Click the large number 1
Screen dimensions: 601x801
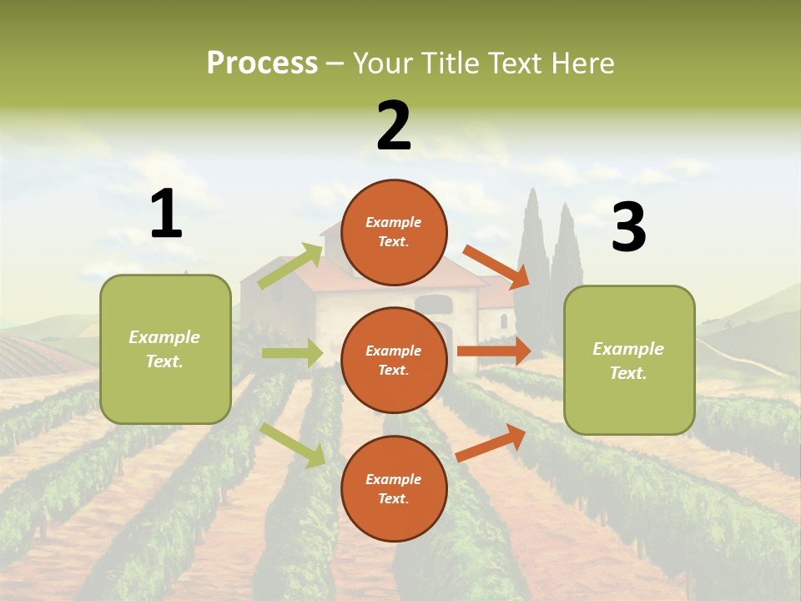click(x=166, y=214)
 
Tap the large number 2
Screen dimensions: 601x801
click(x=394, y=126)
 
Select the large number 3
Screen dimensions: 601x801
click(x=628, y=227)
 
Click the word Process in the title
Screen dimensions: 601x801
click(x=262, y=63)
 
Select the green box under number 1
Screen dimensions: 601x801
click(x=165, y=349)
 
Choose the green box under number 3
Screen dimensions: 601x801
click(x=629, y=360)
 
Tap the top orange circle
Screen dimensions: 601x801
click(x=394, y=232)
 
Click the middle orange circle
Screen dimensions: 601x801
click(x=394, y=360)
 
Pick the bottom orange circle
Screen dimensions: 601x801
click(x=394, y=488)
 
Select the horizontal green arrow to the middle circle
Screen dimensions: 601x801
click(x=292, y=353)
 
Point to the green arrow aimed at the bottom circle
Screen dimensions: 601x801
click(x=293, y=444)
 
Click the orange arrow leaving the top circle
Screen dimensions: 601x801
click(x=496, y=267)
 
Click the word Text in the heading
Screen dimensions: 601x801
click(x=515, y=63)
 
